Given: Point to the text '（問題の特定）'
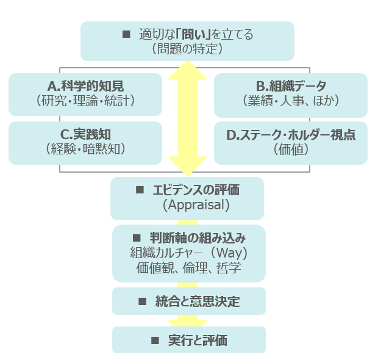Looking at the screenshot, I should [187, 49].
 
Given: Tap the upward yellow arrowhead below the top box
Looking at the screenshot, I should [187, 70].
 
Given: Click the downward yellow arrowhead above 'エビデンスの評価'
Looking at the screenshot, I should [187, 165].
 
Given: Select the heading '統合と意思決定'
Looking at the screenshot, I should [197, 301].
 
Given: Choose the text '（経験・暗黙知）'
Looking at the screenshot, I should [85, 148].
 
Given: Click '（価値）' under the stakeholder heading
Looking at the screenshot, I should [291, 149].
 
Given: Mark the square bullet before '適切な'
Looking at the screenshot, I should [127, 34].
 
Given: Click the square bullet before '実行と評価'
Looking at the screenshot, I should [155, 340].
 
